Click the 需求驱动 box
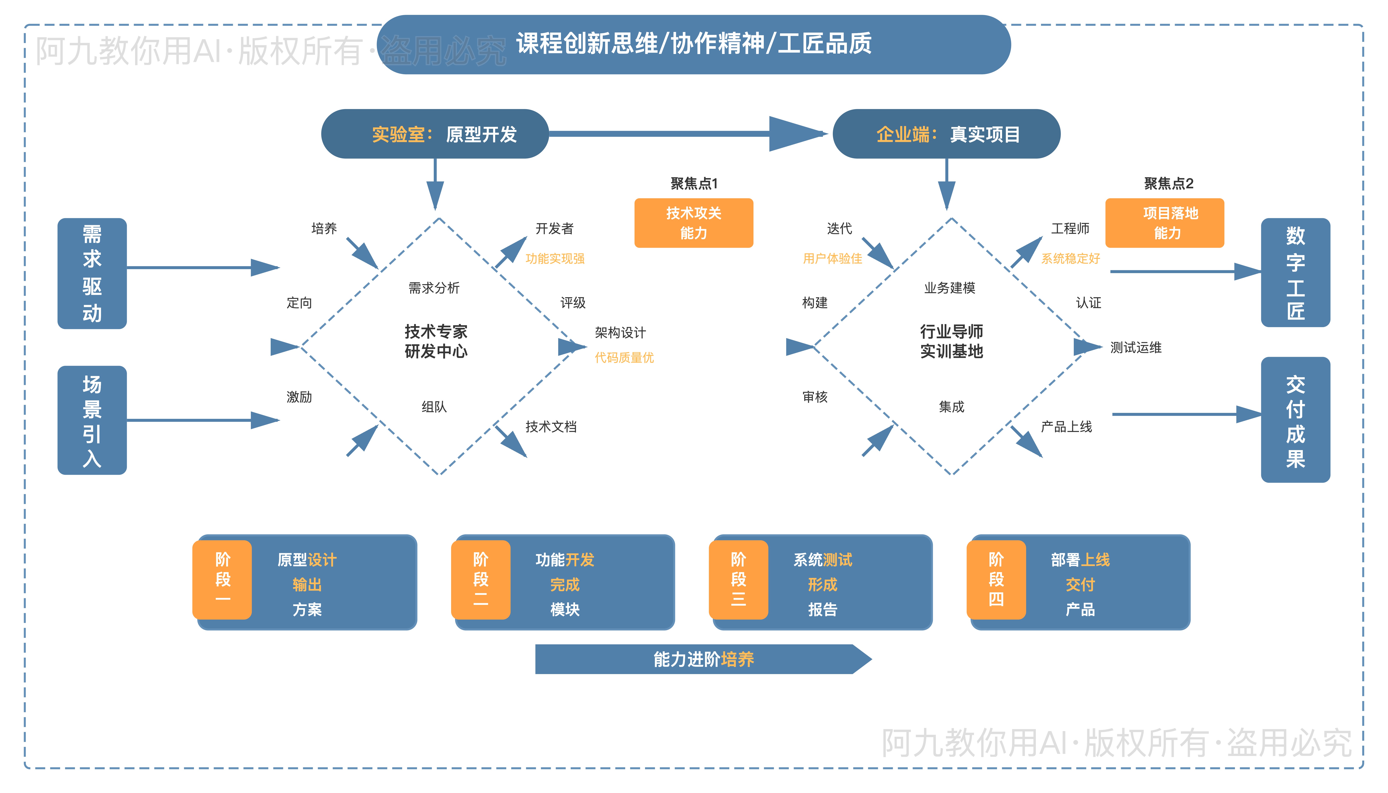pos(92,273)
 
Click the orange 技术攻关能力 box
pos(693,223)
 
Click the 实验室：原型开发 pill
pos(435,134)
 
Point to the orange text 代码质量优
pos(624,358)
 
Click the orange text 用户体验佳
pos(832,259)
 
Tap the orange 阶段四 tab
pos(996,579)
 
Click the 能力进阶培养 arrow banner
pos(702,660)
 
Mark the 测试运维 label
pos(1135,348)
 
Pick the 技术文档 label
pos(551,427)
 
